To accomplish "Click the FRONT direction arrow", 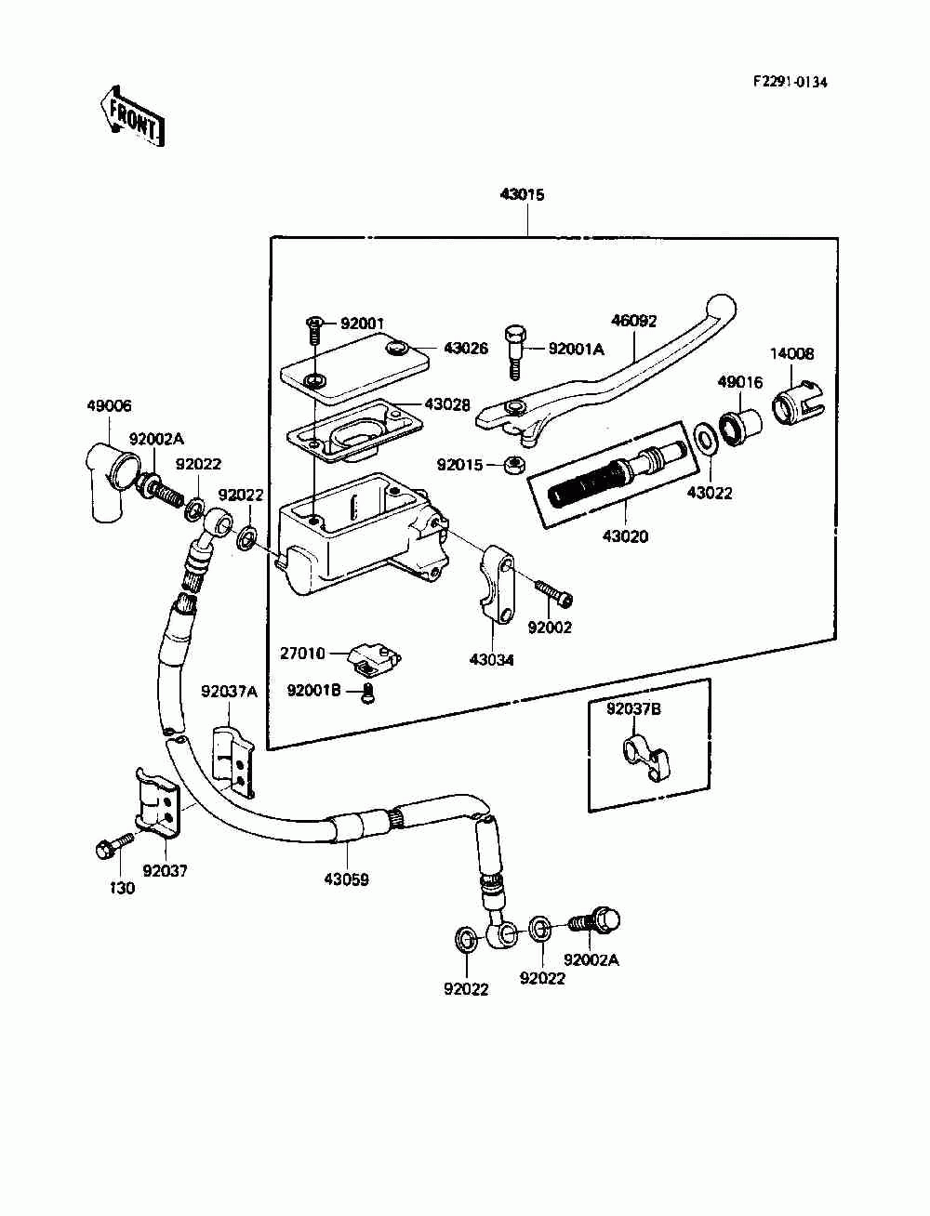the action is coord(132,116).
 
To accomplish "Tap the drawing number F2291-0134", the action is coord(790,83).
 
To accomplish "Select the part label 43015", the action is coord(522,194).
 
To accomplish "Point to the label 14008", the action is coord(792,353).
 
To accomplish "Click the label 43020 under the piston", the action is coord(625,536).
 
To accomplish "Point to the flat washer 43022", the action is coord(705,440).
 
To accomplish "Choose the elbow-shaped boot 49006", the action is coord(113,478).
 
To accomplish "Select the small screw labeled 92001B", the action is coord(368,693).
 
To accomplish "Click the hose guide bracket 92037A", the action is coord(233,761).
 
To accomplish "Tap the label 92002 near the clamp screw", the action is coord(550,628).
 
